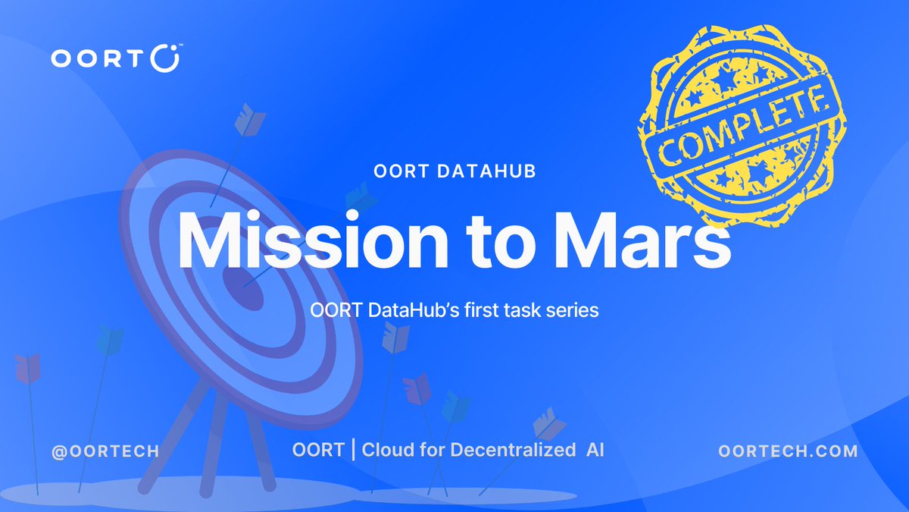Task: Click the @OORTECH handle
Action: point(105,451)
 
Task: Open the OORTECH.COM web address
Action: point(788,451)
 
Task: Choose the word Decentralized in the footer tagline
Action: point(513,450)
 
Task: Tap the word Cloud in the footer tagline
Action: point(391,450)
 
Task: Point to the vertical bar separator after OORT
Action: point(353,450)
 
